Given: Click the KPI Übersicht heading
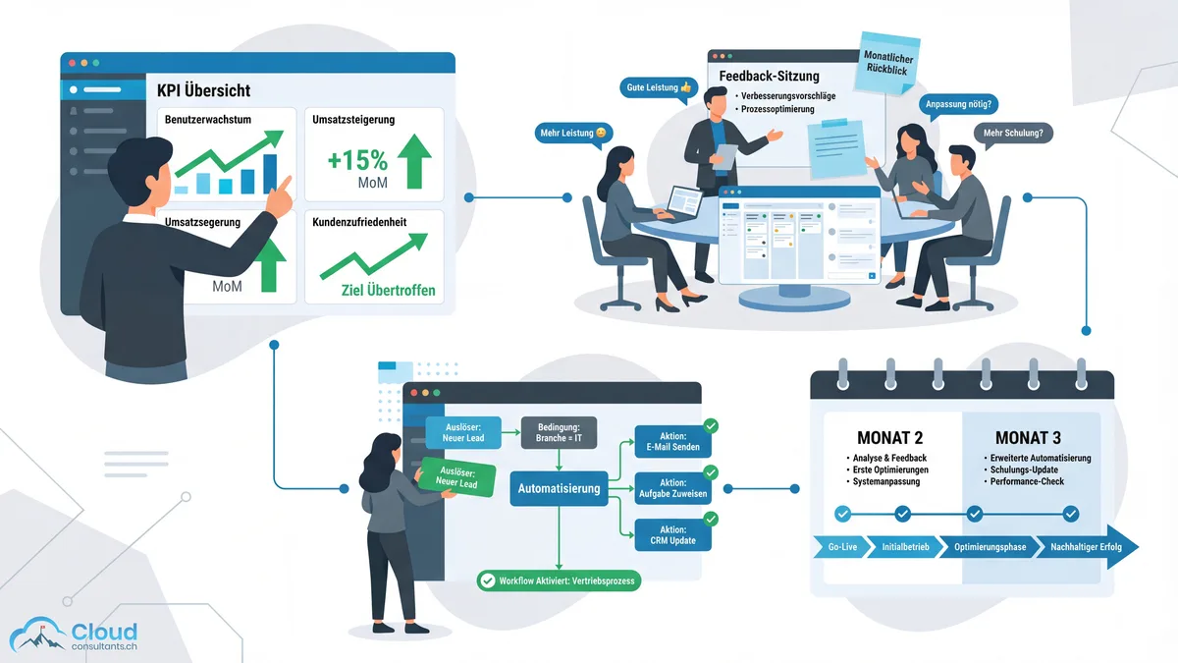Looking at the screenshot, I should coord(203,90).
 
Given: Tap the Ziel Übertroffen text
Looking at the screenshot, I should coord(374,291).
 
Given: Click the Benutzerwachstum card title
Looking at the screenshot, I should coord(208,120).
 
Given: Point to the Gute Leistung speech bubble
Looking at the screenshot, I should coord(659,87).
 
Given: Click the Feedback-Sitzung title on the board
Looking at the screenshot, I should coord(770,76).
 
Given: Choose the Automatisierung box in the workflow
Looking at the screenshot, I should coord(558,487).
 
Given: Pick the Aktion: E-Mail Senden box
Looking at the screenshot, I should coord(672,442).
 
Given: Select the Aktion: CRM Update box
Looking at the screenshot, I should coord(672,535).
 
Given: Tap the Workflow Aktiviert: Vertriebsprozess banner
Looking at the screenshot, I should coord(559,580).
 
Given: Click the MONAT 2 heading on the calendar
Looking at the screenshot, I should coord(889,437).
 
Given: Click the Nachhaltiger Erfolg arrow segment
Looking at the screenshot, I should coord(1087,547).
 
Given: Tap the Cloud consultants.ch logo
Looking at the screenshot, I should coord(75,635).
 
